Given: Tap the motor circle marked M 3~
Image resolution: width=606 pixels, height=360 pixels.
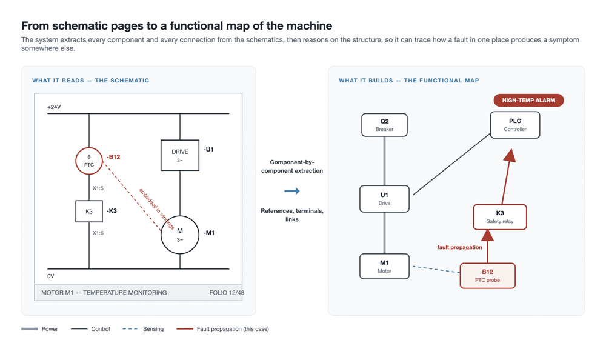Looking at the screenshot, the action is (x=180, y=216).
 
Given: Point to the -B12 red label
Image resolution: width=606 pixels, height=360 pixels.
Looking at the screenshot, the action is (x=113, y=157).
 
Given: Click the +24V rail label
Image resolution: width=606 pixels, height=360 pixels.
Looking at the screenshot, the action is (x=54, y=107).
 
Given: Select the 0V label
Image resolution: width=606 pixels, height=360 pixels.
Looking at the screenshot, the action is (x=51, y=276).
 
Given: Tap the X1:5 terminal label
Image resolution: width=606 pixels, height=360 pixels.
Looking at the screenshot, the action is (x=98, y=188).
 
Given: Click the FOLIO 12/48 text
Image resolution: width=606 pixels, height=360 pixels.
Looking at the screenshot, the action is (x=227, y=293).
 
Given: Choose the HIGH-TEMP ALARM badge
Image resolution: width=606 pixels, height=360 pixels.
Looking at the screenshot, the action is (x=528, y=100).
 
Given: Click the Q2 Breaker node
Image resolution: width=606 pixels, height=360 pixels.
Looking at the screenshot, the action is (x=385, y=125).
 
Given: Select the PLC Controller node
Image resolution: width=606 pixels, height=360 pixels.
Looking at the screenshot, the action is (x=515, y=125).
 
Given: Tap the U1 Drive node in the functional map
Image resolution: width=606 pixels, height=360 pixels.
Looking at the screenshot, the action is (x=385, y=199).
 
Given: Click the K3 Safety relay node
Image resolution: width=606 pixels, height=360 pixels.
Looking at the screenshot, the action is (x=500, y=217).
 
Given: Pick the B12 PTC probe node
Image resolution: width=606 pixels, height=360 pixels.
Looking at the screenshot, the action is (x=487, y=276).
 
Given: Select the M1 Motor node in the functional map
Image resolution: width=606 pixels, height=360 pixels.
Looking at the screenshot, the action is (x=385, y=267).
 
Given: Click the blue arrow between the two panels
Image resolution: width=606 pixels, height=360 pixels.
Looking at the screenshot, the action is (x=292, y=191).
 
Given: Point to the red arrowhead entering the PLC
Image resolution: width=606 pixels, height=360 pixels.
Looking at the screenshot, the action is (x=510, y=155).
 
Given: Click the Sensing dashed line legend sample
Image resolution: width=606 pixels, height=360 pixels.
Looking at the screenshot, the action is (x=130, y=329).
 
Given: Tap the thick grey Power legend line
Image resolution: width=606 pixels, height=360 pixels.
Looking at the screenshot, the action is (x=29, y=329).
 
